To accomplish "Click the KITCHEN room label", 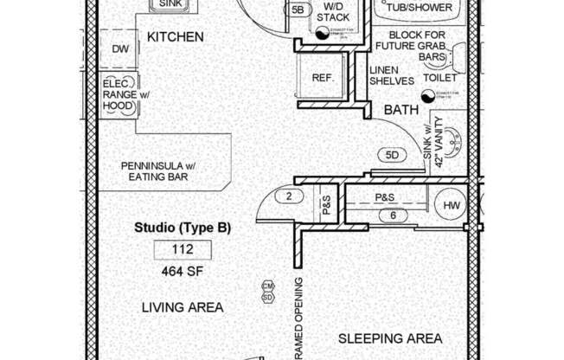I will point(175,37).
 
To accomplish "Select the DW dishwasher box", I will point(119,49).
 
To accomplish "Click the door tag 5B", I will point(298,10).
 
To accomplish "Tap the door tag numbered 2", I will point(287,196).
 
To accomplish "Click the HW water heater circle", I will point(452,206).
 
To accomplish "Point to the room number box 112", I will point(183,251).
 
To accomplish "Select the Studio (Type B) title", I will point(183,228).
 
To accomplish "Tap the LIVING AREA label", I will point(183,307).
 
